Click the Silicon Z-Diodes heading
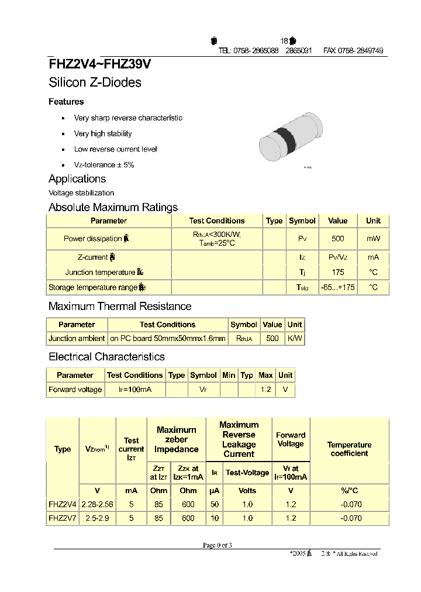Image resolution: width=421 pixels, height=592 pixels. pyautogui.click(x=95, y=82)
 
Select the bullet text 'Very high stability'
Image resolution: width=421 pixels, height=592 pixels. pyautogui.click(x=103, y=133)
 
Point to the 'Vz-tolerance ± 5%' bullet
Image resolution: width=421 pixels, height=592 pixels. pyautogui.click(x=104, y=165)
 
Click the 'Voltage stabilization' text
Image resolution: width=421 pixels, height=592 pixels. pyautogui.click(x=81, y=193)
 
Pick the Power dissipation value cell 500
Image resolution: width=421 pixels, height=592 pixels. pyautogui.click(x=337, y=239)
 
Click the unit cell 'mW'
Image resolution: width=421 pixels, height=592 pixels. pyautogui.click(x=373, y=239)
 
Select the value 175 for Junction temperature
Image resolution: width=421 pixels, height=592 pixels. pyautogui.click(x=337, y=272)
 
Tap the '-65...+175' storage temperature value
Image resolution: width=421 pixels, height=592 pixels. pyautogui.click(x=337, y=287)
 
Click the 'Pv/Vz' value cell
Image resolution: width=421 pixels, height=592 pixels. pyautogui.click(x=337, y=257)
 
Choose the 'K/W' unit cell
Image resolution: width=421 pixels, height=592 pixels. pyautogui.click(x=295, y=338)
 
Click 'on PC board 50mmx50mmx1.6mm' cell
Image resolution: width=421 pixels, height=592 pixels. pyautogui.click(x=167, y=338)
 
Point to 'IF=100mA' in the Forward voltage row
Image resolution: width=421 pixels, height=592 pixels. pyautogui.click(x=135, y=390)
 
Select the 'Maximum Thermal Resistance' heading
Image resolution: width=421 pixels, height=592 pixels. pyautogui.click(x=120, y=306)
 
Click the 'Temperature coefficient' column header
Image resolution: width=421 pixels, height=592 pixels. pyautogui.click(x=349, y=449)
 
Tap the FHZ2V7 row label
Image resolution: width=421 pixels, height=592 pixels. pyautogui.click(x=62, y=518)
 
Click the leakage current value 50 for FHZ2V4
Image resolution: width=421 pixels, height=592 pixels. pyautogui.click(x=214, y=504)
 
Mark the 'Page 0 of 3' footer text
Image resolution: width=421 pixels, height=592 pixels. pyautogui.click(x=218, y=545)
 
